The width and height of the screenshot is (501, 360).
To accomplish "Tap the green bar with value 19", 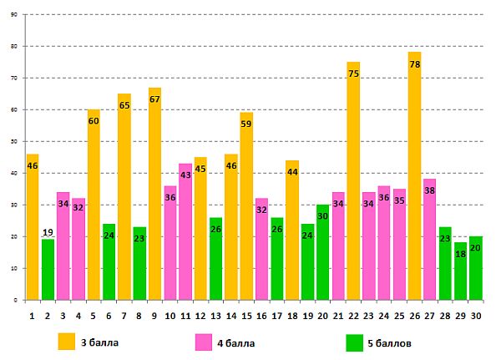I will [x=48, y=269].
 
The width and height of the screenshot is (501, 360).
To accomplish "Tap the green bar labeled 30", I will [x=323, y=251].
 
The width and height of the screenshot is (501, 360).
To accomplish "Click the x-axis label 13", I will [x=216, y=316].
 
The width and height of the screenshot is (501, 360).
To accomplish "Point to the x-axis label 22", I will [x=353, y=316].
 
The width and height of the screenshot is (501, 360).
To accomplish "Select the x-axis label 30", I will [x=476, y=316].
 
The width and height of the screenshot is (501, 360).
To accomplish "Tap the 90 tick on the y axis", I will [x=14, y=14].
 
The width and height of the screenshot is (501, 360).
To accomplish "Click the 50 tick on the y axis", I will [x=14, y=141].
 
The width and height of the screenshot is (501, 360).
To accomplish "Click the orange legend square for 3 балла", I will [x=67, y=342].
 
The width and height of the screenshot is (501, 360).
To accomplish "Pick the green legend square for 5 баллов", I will [x=353, y=342].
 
